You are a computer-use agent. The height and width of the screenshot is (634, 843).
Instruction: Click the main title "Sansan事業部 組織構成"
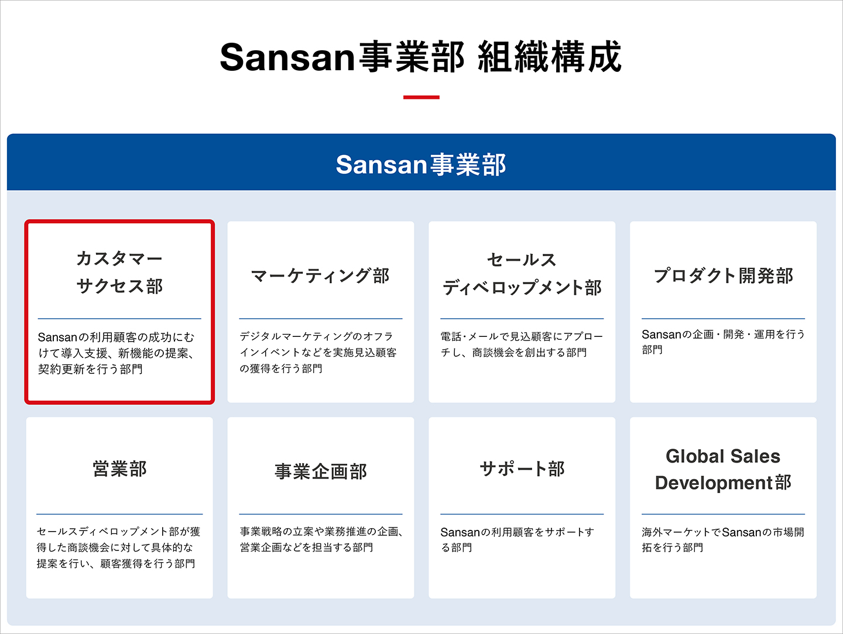421,57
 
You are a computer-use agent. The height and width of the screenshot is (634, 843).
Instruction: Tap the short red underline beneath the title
421,97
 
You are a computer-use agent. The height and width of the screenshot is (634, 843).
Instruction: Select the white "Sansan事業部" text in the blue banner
421,164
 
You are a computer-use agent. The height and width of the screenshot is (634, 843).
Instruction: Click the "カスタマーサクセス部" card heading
119,273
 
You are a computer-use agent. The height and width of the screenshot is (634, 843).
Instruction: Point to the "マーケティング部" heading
320,275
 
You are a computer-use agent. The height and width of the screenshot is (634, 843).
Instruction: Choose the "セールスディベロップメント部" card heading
522,274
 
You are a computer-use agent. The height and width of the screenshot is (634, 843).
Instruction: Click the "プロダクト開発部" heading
723,275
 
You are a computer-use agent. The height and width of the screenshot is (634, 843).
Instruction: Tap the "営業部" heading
119,468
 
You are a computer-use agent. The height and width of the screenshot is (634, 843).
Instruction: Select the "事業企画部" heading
321,471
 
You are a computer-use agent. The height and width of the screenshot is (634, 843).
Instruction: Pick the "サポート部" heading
522,468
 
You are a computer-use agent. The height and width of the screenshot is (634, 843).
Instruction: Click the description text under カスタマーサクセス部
116,353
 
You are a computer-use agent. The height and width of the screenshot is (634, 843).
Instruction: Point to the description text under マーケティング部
318,353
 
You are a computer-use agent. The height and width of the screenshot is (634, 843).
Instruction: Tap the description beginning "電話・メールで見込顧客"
522,344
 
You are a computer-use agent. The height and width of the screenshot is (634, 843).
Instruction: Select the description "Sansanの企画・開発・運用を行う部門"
723,342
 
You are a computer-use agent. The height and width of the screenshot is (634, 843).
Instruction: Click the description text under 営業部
119,547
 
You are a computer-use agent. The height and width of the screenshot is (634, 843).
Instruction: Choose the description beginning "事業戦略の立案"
321,539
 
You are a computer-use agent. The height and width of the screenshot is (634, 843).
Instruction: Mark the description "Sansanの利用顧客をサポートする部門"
518,540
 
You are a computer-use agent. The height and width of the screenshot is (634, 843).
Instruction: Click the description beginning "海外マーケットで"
723,540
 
